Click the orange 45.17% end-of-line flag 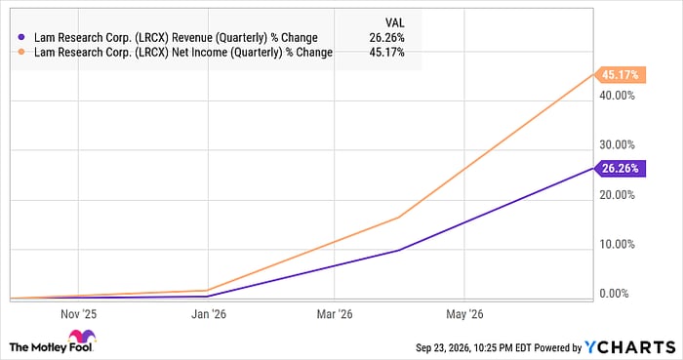(x=621, y=75)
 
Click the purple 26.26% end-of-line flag (x=621, y=169)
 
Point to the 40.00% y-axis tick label (x=617, y=96)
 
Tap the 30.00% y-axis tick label (x=617, y=145)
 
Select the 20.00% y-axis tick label (x=617, y=194)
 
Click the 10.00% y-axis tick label (x=617, y=244)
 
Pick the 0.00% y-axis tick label (x=614, y=294)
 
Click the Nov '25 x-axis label (x=78, y=314)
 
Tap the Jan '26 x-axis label (x=209, y=314)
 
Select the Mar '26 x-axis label (x=335, y=314)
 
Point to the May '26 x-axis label (x=464, y=314)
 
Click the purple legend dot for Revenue (x=20, y=37)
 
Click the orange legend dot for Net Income (x=20, y=53)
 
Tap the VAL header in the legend (x=394, y=22)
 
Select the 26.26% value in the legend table (x=386, y=37)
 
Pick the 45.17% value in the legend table (x=386, y=53)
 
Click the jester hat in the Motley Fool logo (x=82, y=337)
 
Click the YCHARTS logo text (x=630, y=347)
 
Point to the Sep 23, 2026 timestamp (x=443, y=348)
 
